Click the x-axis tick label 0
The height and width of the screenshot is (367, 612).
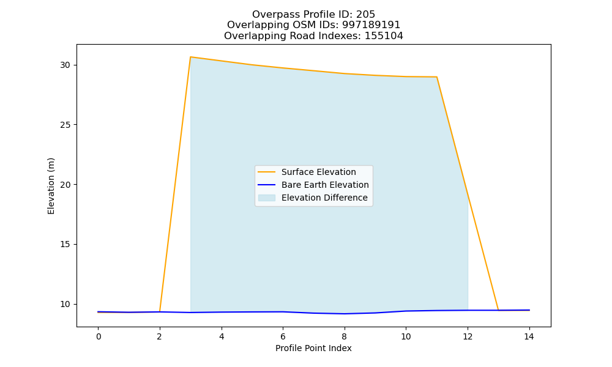(99, 336)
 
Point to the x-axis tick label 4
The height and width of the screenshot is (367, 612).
(222, 336)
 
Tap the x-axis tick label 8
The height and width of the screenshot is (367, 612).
(344, 336)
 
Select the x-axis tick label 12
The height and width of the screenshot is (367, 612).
(468, 336)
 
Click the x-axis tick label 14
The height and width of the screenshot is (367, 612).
(529, 336)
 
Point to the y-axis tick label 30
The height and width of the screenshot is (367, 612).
(65, 65)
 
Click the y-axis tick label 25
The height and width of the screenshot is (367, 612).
(65, 125)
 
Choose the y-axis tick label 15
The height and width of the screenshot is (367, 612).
(65, 245)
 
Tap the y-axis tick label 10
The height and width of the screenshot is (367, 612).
(65, 304)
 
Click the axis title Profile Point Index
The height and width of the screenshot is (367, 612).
(313, 348)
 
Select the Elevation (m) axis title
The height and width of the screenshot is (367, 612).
(51, 186)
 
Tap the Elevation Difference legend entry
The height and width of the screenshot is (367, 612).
(313, 198)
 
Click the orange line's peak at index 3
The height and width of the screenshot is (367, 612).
(190, 57)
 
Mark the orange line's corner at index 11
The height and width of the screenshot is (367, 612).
(437, 77)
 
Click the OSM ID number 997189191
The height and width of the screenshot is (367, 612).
(371, 25)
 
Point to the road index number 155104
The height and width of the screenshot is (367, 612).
(384, 36)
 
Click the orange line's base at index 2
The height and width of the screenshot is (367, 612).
(160, 311)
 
